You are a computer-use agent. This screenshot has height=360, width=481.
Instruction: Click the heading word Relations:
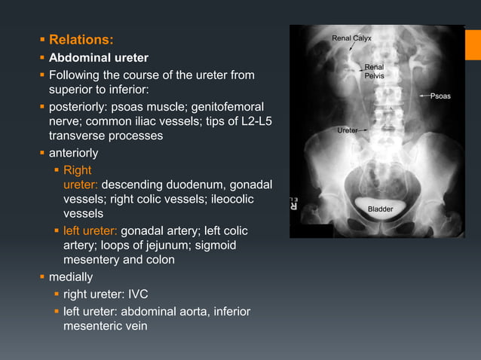[x=81, y=39]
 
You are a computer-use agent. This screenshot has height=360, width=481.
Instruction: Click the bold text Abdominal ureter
[x=98, y=58]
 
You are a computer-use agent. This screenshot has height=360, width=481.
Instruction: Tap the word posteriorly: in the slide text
[x=78, y=108]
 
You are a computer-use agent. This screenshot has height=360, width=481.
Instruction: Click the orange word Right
[x=78, y=170]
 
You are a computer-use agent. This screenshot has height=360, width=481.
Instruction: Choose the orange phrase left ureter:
[x=90, y=230]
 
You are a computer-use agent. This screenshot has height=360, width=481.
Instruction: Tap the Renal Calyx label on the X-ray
[x=351, y=38]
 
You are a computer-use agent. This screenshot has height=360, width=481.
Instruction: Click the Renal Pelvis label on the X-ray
[x=374, y=72]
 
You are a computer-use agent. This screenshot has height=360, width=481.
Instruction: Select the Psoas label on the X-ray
[x=441, y=96]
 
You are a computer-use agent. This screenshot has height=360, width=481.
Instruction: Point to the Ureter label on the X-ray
[x=348, y=130]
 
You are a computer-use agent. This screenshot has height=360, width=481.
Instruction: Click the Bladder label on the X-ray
[x=380, y=209]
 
